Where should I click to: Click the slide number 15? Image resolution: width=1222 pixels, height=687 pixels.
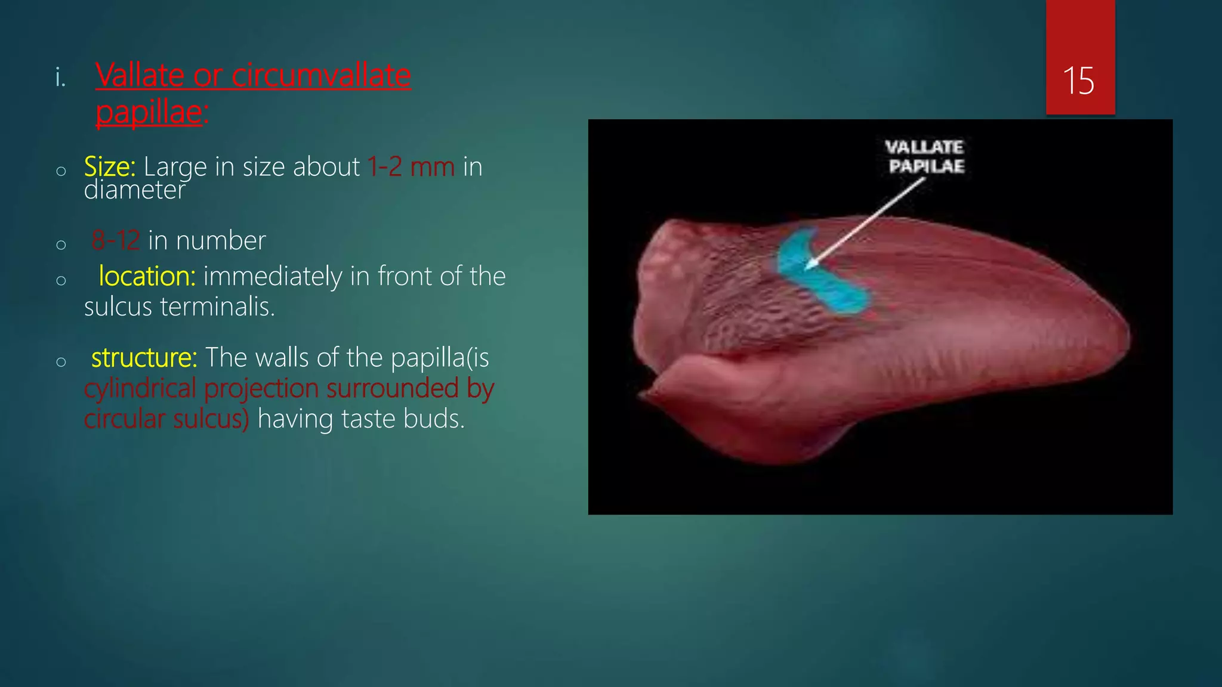1079,81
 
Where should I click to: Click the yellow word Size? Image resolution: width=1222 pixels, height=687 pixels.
110,167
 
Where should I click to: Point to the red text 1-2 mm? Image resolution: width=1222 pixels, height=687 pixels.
411,167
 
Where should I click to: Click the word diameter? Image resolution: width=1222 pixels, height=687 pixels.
135,190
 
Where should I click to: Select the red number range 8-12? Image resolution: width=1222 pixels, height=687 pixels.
116,240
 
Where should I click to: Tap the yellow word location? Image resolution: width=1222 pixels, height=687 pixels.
147,276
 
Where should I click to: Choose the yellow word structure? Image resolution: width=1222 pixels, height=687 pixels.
144,358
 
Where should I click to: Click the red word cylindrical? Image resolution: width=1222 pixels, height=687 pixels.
140,389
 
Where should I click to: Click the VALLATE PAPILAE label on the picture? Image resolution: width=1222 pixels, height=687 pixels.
925,156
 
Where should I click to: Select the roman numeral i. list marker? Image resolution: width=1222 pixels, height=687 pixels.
60,78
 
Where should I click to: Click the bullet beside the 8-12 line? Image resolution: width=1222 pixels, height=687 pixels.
61,245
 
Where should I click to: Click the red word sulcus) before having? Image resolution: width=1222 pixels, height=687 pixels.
211,419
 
